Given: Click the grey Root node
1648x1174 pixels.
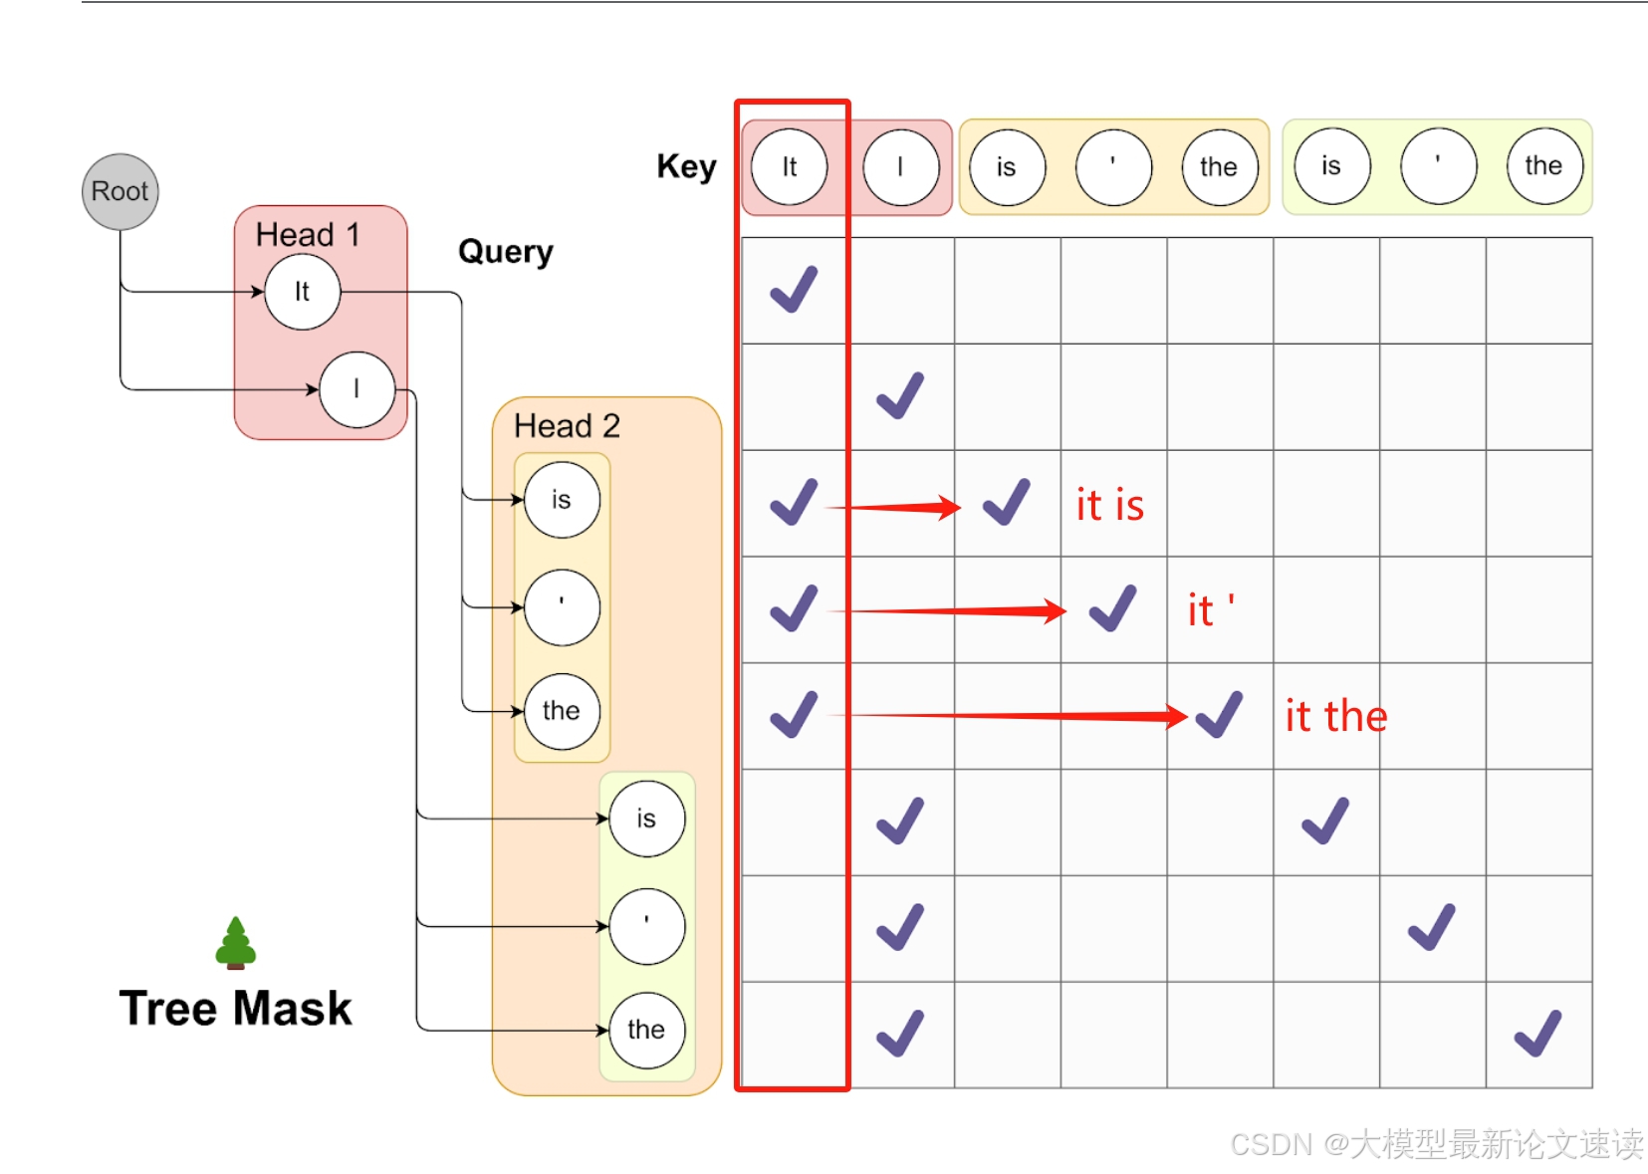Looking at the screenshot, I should [119, 191].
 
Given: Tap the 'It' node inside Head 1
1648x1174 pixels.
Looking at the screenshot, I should [302, 292].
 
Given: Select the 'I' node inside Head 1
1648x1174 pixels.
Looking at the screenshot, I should [356, 389].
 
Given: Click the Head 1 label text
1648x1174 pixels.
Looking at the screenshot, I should [307, 235].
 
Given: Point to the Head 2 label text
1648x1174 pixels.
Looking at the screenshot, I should [567, 426].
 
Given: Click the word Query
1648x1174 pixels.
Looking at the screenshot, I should [505, 252].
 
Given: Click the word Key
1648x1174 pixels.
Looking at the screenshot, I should [686, 166].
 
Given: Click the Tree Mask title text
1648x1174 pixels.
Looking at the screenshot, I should [235, 1008].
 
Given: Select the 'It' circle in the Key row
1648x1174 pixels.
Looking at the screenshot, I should [789, 167].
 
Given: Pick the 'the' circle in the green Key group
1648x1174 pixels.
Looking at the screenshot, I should [1542, 166].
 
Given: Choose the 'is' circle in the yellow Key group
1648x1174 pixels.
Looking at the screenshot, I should [1007, 167].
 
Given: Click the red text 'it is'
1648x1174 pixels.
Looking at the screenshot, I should [1109, 505].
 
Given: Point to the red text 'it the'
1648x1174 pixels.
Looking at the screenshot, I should [1335, 716].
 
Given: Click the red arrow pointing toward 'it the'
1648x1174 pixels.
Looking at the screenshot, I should [1016, 715].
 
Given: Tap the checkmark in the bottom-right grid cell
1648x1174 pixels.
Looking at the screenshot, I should [1537, 1034].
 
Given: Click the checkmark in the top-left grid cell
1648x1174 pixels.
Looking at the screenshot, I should [794, 290].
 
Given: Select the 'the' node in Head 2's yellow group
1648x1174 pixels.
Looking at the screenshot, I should [562, 711].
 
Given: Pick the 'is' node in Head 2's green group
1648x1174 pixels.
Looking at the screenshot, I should [646, 820].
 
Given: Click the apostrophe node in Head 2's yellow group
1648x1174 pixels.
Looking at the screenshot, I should [562, 606].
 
